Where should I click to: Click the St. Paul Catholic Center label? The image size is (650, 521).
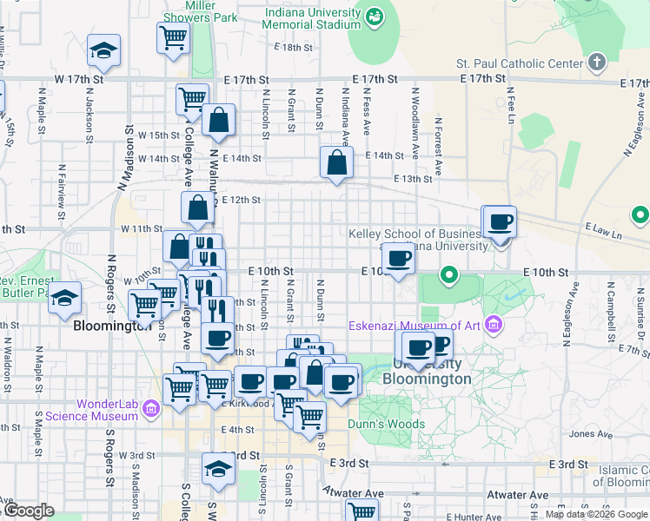[x=519, y=63]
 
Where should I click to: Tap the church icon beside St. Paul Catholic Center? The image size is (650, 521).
[x=595, y=62]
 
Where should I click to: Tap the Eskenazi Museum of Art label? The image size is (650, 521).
[x=415, y=326]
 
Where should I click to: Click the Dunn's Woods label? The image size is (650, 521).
[x=387, y=425]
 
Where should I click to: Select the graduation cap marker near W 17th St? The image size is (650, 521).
[x=103, y=50]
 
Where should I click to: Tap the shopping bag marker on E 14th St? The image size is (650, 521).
[x=336, y=162]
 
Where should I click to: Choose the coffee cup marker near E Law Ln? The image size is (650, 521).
[x=500, y=222]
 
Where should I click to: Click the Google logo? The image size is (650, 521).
[x=29, y=511]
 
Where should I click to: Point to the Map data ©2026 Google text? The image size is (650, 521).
[x=597, y=514]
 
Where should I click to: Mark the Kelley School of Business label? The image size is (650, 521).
[x=415, y=234]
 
